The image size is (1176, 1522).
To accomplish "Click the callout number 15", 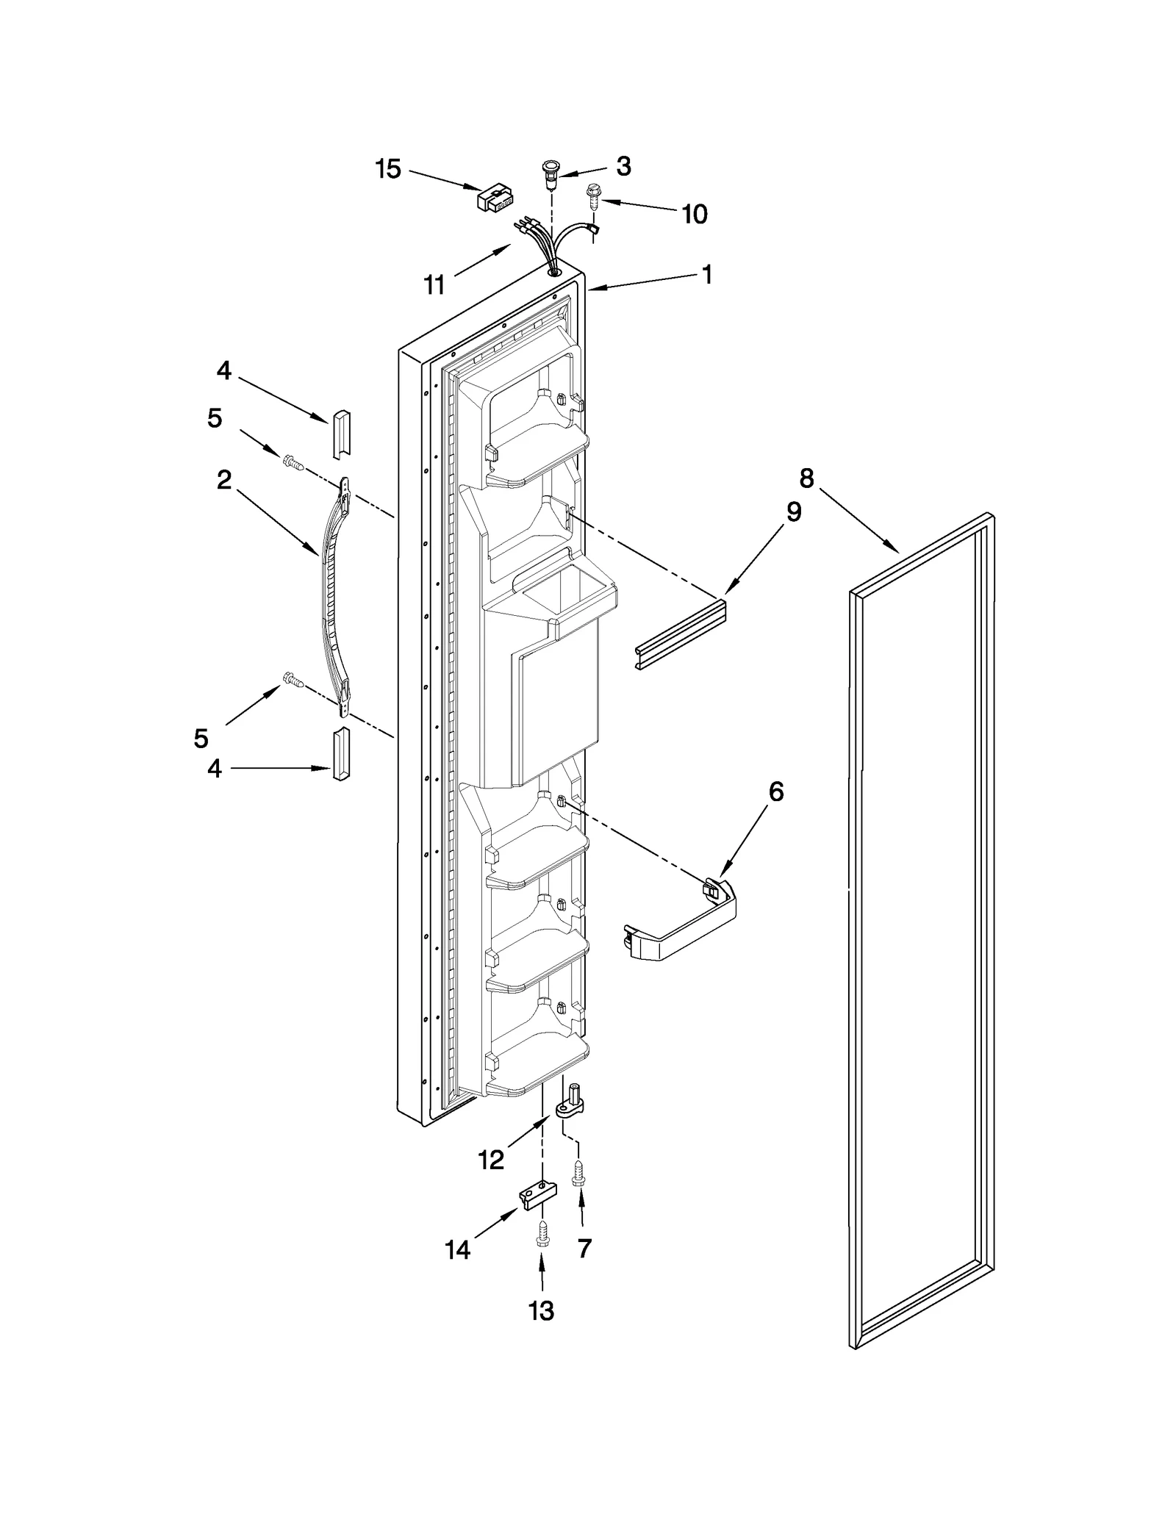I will tap(388, 169).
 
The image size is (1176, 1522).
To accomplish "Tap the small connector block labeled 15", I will tap(495, 198).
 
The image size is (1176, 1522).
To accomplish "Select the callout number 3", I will tap(623, 166).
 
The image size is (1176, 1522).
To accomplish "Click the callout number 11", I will tap(434, 284).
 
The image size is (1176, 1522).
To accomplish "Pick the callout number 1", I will tap(706, 274).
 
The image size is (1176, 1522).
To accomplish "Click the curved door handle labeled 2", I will tap(331, 595).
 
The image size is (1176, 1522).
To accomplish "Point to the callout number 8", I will tap(806, 478).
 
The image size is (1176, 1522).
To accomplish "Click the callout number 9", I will tap(794, 511).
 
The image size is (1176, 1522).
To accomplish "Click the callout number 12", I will tap(491, 1160).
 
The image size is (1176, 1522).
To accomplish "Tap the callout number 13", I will tap(542, 1310).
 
